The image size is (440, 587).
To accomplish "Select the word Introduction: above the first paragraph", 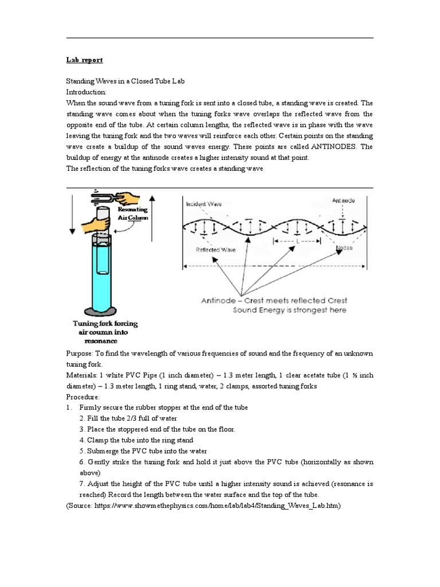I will click(87, 92).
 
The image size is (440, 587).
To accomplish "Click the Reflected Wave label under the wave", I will click(214, 250).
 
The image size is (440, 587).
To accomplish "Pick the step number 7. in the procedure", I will click(82, 484).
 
